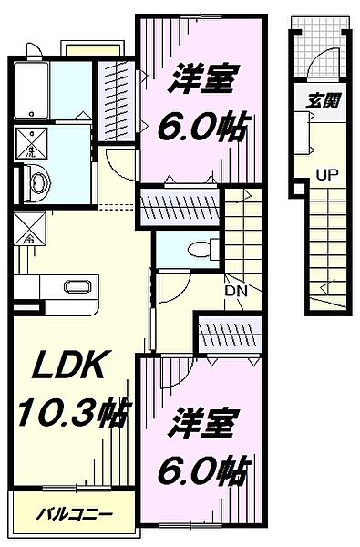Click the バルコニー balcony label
coord(68,514)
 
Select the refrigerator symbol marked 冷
coord(27,224)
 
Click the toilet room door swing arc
coord(171,290)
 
